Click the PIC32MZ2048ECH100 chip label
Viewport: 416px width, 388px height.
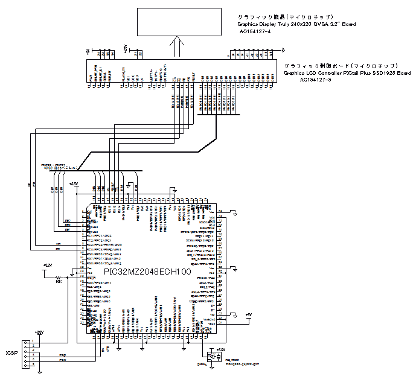(147, 272)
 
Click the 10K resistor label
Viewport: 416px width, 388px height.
(59, 281)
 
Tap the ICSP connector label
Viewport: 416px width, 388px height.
(10, 352)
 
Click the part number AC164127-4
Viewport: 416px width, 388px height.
(256, 31)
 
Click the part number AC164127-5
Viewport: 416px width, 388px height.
(316, 80)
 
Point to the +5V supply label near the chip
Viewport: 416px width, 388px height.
(248, 314)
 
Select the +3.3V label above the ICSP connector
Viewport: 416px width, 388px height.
(39, 332)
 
